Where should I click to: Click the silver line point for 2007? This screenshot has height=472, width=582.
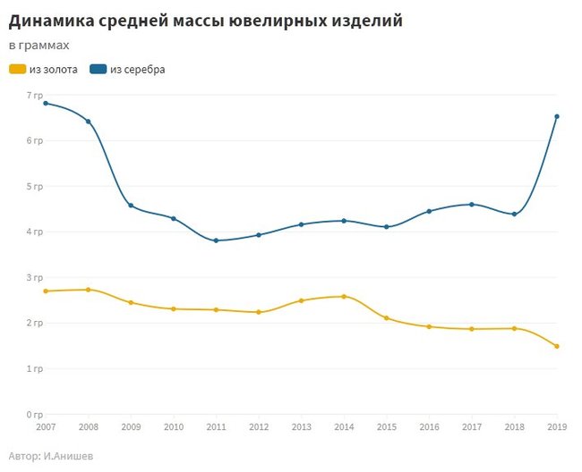coord(46,103)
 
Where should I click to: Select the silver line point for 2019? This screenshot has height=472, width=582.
coord(557,116)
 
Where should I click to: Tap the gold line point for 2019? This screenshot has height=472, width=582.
coord(557,346)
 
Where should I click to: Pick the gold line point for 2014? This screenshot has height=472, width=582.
coord(344,296)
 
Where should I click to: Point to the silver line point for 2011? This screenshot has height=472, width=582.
coord(216,240)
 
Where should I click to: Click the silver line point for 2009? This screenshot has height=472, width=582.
coord(131,206)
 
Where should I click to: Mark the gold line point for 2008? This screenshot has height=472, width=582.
coord(88,290)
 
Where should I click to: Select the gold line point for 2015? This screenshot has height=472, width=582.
coord(387,318)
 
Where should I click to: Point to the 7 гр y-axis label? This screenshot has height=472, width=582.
coord(35,95)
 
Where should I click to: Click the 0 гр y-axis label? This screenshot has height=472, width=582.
coord(35,415)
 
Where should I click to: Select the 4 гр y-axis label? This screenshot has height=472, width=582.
coord(35,232)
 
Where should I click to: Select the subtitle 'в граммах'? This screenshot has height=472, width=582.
coord(39,45)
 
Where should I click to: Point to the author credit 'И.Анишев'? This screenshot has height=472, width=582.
coord(69,456)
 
